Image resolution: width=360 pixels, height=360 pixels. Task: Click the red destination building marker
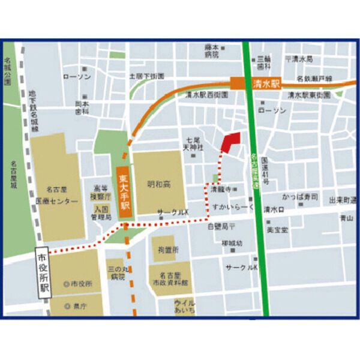(x=230, y=142)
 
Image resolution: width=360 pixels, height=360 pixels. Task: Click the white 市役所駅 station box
(x=44, y=273)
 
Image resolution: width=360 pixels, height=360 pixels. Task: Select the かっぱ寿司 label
(x=299, y=197)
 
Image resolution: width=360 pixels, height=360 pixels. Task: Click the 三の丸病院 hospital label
(x=117, y=273)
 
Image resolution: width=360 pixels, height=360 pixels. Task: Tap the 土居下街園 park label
(x=146, y=76)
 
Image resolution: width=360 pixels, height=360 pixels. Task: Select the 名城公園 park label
(x=8, y=71)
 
